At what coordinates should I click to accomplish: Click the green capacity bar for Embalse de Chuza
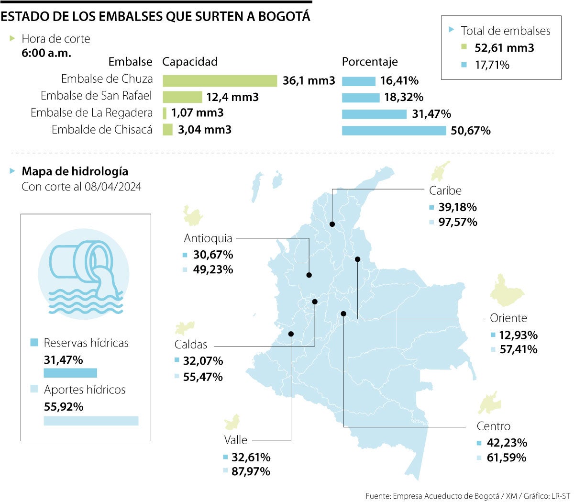point(220,81)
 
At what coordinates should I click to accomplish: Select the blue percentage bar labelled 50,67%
point(394,131)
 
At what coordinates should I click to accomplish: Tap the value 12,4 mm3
point(232,97)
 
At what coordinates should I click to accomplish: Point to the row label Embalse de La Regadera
point(91,113)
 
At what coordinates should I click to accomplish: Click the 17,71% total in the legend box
point(492,65)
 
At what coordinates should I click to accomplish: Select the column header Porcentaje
point(369,62)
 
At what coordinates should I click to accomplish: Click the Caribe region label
point(445,190)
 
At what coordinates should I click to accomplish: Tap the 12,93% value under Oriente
point(518,335)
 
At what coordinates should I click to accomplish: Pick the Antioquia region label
point(208,238)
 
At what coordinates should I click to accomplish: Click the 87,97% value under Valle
point(251,471)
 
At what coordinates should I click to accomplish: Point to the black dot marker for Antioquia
point(309,275)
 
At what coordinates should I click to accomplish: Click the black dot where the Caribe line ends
point(332,224)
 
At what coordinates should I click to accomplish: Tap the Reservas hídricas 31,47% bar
point(70,373)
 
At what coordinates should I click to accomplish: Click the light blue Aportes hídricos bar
point(91,421)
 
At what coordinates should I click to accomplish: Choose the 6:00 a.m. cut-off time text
point(46,53)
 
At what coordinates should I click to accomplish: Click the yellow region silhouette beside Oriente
point(506,291)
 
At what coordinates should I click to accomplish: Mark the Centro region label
point(493,426)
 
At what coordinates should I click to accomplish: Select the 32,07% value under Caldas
point(203,361)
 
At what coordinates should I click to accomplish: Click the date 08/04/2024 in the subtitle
point(113,187)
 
